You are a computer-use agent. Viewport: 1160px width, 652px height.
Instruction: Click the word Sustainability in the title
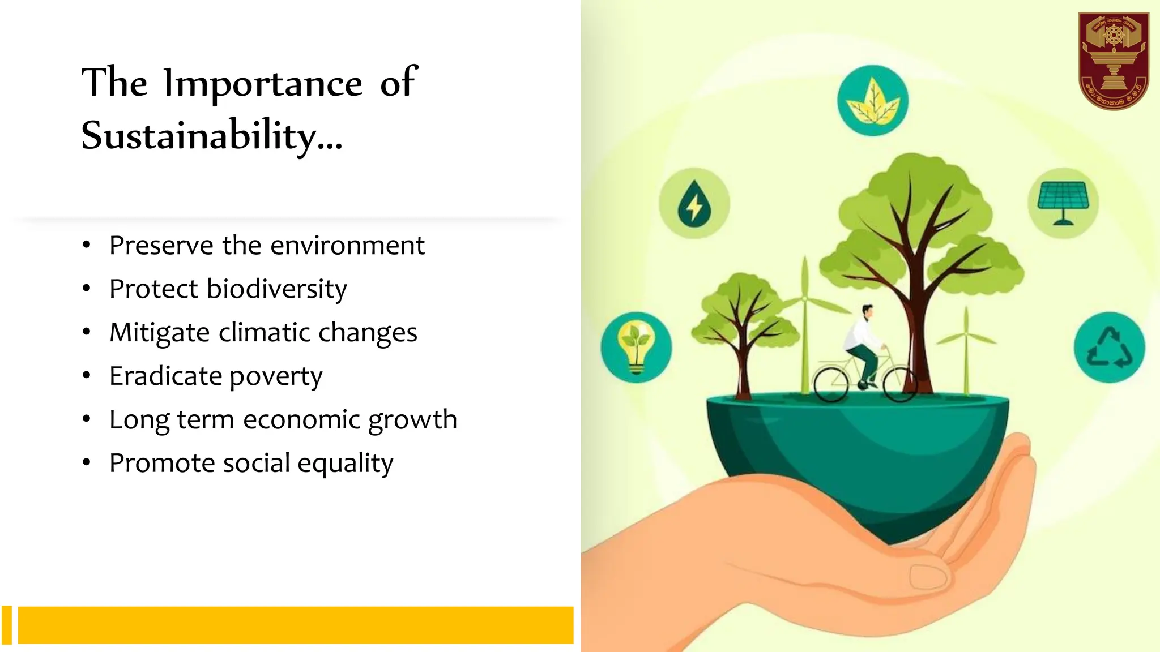click(198, 136)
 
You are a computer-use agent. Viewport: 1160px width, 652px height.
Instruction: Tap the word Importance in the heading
click(263, 84)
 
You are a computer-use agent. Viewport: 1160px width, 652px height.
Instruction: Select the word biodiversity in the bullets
click(276, 289)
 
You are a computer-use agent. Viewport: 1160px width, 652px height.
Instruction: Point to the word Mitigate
click(160, 333)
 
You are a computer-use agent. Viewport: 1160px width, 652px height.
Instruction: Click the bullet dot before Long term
click(86, 419)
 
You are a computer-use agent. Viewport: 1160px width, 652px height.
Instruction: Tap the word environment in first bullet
click(347, 246)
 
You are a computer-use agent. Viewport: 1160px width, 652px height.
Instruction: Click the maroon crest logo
click(1113, 61)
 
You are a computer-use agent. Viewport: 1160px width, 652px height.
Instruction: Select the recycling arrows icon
click(1109, 347)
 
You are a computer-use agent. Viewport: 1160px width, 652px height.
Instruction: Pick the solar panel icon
click(1063, 203)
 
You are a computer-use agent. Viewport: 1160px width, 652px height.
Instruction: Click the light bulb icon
click(637, 347)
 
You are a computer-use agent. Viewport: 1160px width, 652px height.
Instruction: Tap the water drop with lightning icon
click(694, 203)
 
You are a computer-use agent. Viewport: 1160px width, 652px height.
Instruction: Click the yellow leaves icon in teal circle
click(872, 101)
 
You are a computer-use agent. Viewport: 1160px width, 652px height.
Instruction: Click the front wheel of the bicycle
click(899, 385)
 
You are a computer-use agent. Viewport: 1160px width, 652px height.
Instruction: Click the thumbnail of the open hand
click(927, 577)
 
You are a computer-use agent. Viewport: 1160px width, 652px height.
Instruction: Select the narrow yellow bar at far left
click(7, 625)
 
